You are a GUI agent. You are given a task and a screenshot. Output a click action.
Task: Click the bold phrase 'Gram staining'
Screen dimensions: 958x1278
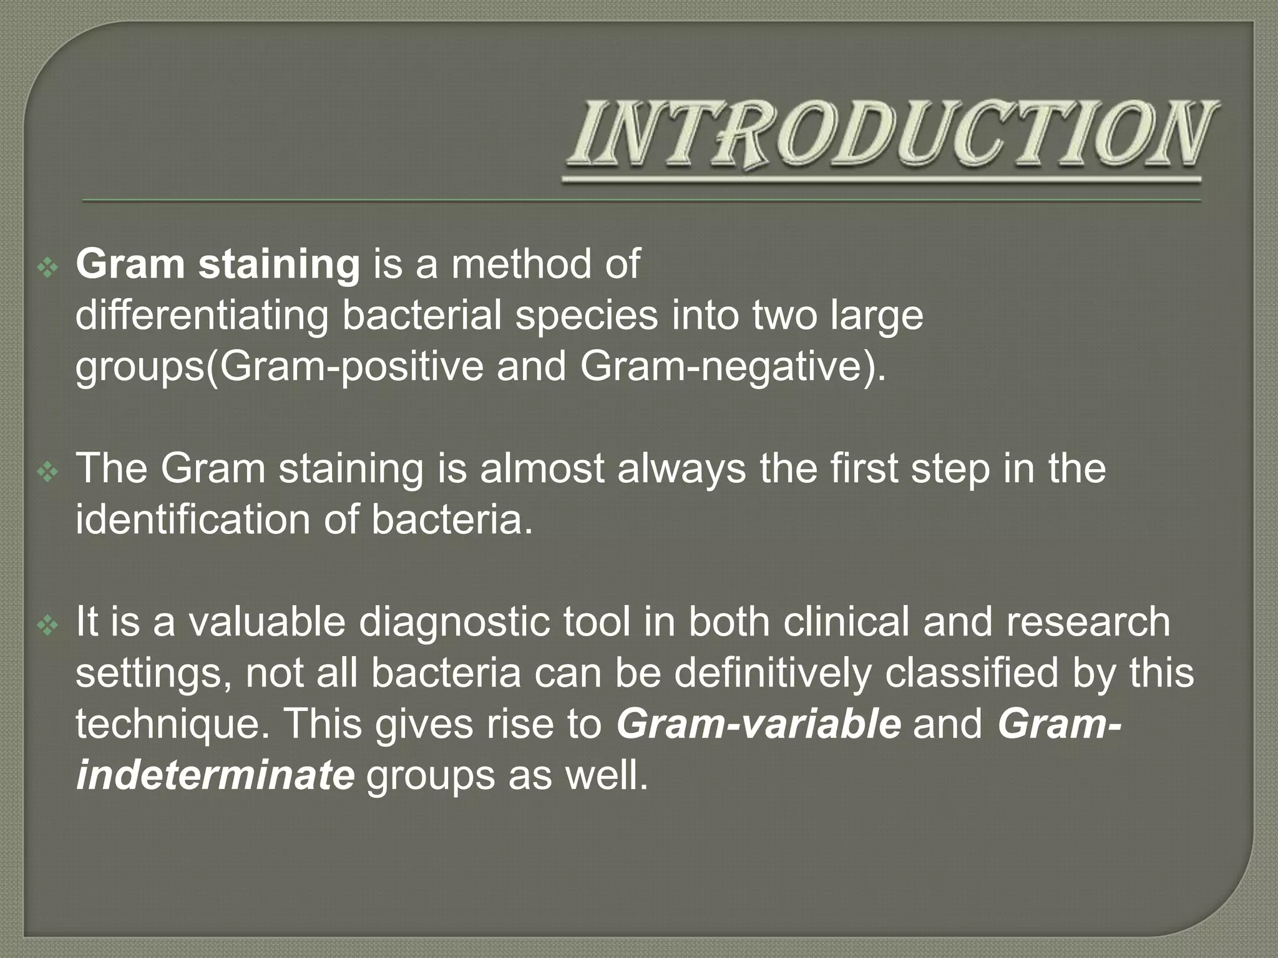point(218,264)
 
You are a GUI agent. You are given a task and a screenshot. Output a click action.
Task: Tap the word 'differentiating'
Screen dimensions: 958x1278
point(202,316)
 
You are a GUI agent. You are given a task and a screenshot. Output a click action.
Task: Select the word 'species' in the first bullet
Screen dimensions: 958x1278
point(586,316)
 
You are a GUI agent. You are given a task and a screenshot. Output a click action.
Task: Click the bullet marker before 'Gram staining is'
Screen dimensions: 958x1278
point(47,268)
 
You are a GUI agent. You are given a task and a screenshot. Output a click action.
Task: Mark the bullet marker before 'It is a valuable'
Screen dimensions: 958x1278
point(47,626)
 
